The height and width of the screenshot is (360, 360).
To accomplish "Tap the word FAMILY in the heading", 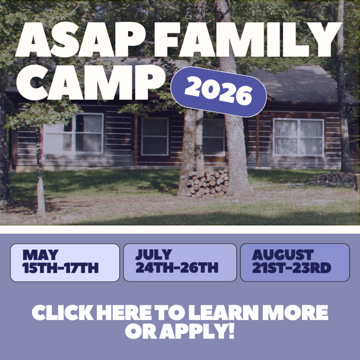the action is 248,39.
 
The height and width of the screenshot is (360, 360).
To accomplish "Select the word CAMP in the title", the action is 90,83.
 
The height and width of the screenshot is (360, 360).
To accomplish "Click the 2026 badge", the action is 219,92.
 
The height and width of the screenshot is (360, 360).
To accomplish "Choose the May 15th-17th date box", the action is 65,262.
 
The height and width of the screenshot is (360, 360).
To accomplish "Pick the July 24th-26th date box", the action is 180,262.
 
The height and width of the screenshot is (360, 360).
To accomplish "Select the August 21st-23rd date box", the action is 295,262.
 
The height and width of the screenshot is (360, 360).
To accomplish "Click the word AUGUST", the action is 283,255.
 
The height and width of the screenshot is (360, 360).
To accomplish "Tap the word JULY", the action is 154,255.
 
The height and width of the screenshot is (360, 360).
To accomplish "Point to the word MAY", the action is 40,255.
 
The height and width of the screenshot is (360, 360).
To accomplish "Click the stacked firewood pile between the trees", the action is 208,182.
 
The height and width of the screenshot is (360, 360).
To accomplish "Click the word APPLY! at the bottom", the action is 197,331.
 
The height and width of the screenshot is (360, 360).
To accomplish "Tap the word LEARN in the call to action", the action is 223,313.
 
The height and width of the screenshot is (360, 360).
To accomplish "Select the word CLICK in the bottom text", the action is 63,313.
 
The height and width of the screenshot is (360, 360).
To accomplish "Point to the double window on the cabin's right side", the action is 298,137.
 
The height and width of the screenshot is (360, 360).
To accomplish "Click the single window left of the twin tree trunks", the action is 155,136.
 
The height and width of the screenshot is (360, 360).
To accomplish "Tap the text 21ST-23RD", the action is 291,268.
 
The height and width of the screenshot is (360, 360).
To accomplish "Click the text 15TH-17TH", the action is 60,268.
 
